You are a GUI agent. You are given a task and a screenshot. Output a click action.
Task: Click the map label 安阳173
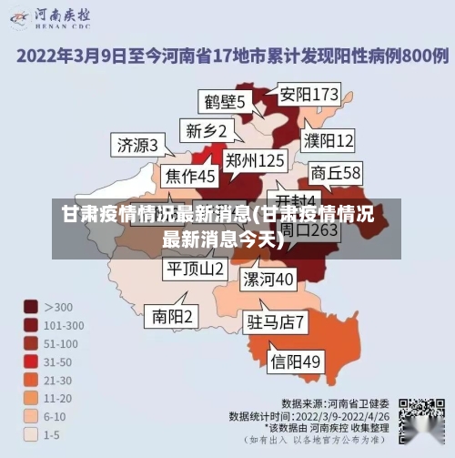[x=308, y=94]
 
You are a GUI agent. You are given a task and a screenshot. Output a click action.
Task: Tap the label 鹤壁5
[x=224, y=101]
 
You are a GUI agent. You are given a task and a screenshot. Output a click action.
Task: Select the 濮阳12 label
[x=329, y=140]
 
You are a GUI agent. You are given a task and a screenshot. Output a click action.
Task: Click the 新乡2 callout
[x=206, y=130]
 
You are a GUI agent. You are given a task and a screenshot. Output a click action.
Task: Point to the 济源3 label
[x=137, y=145]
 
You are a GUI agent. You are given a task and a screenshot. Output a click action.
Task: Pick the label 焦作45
[x=189, y=175]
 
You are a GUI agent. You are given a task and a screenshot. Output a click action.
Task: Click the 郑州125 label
[x=255, y=161]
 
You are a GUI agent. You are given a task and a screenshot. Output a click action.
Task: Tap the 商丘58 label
[x=336, y=172]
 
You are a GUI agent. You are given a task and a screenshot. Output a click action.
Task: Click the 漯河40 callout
[x=268, y=278]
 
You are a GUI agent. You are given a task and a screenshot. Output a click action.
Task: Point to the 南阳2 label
[x=172, y=316]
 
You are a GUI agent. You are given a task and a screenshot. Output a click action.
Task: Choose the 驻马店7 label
[x=276, y=321]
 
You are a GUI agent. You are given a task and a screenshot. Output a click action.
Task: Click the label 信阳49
[x=297, y=361]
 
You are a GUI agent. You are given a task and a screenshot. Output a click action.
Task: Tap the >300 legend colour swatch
[x=30, y=307]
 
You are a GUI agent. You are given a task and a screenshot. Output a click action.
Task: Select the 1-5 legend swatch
[x=30, y=434]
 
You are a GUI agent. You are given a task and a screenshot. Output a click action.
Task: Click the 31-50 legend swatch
[x=30, y=361]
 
